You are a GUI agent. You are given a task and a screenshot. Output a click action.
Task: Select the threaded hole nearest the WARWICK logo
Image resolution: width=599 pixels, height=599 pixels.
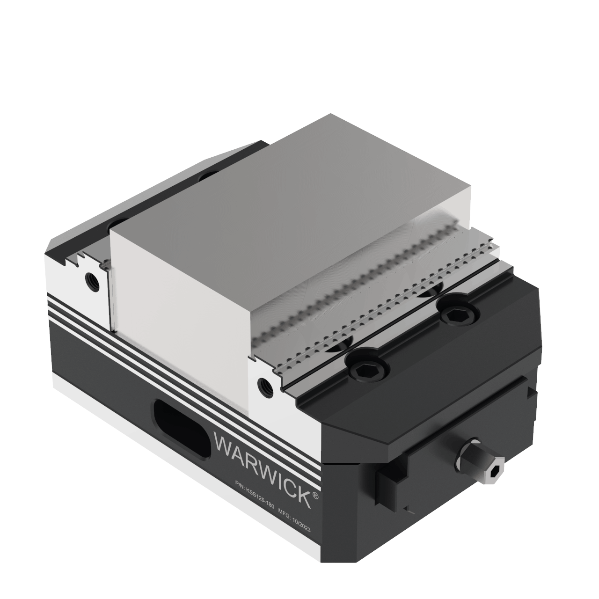pos(264,385)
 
